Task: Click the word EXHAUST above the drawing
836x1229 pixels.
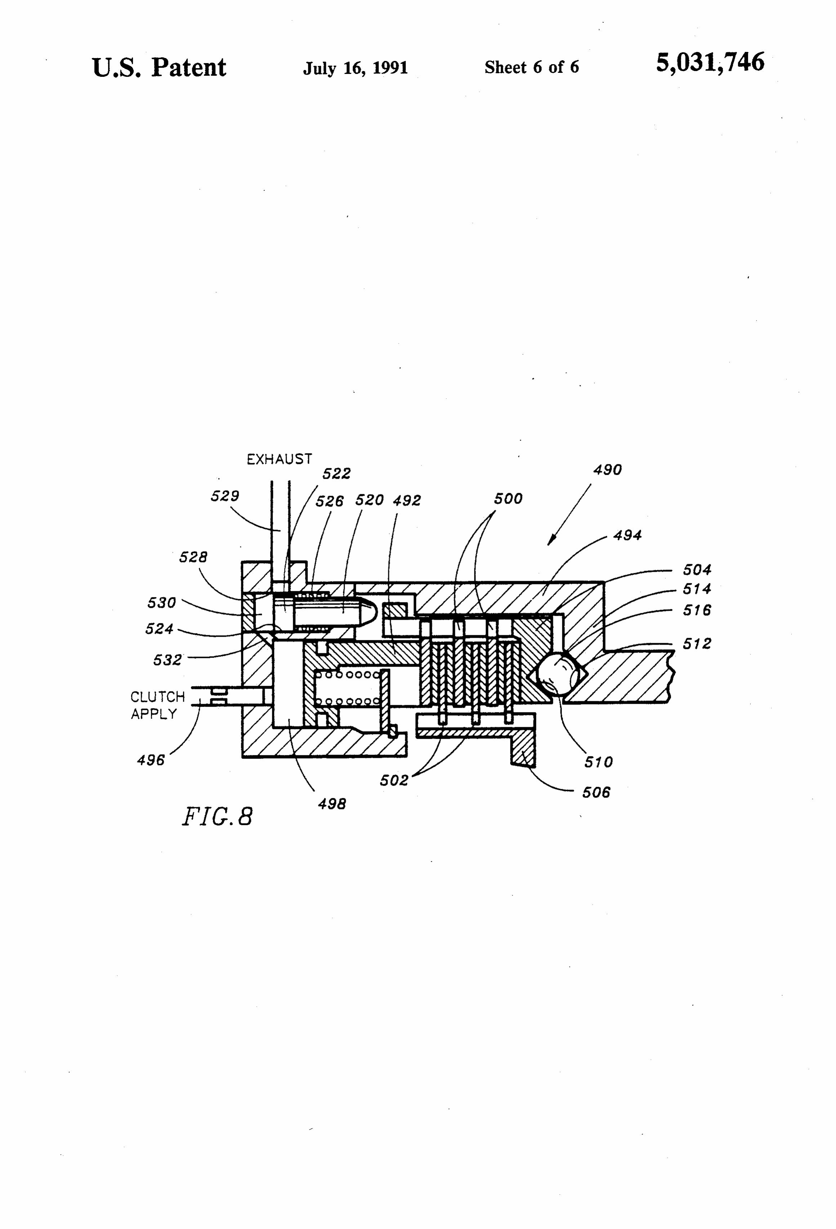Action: (279, 459)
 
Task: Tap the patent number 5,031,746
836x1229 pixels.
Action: (710, 63)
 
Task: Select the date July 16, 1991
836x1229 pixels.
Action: (355, 68)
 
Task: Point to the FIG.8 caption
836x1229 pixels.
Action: (217, 816)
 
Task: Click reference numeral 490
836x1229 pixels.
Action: (607, 470)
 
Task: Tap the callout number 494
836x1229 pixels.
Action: (627, 535)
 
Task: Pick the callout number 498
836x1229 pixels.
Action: (332, 804)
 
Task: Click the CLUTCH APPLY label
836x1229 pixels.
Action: (157, 705)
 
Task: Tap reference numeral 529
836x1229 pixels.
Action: (225, 496)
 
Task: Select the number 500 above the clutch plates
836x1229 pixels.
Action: (508, 499)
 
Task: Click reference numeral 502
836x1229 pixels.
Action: (394, 780)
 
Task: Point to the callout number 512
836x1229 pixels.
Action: (697, 644)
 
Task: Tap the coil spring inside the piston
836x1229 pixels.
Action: (348, 688)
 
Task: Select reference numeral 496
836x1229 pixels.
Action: (151, 760)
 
